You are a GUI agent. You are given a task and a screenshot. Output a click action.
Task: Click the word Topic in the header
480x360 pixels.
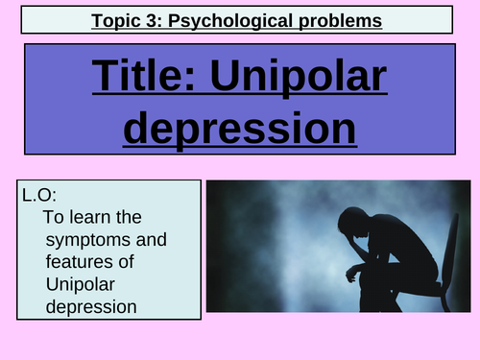(x=119, y=19)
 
